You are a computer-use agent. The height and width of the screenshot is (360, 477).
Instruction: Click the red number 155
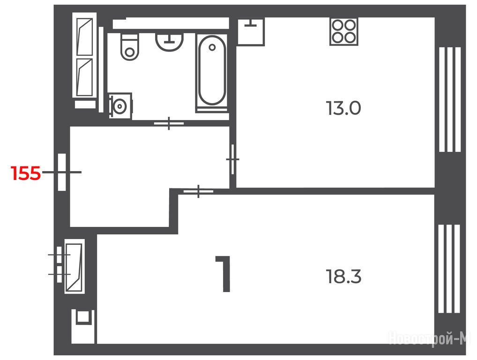[x=26, y=173]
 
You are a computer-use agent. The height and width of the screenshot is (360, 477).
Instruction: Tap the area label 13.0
[x=343, y=108]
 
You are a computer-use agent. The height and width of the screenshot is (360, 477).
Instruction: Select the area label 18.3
[x=343, y=277]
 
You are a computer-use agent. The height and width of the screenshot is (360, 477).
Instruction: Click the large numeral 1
[x=224, y=274]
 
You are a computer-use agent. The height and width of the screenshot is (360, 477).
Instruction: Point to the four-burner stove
[x=343, y=32]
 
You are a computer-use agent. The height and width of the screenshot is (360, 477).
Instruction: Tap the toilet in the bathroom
[x=130, y=46]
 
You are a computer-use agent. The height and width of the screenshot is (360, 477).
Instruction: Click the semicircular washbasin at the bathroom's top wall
[x=170, y=42]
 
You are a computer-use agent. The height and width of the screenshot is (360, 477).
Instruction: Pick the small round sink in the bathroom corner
[x=120, y=106]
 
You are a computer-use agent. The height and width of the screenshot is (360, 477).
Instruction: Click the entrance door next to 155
[x=62, y=172]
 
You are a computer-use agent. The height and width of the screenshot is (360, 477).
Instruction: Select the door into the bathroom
[x=169, y=123]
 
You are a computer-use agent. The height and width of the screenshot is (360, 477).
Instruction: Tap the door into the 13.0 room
[x=233, y=159]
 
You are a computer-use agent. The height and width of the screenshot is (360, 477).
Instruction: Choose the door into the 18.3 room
[x=198, y=191]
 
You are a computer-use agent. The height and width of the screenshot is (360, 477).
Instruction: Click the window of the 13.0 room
[x=450, y=99]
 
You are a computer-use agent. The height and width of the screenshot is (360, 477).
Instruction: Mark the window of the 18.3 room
[x=449, y=269]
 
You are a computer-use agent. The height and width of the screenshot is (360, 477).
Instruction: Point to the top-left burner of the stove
[x=338, y=26]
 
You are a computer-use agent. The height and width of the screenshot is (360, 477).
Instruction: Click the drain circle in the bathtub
[x=212, y=47]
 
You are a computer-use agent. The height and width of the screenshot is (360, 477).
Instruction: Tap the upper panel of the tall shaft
[x=84, y=37]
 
